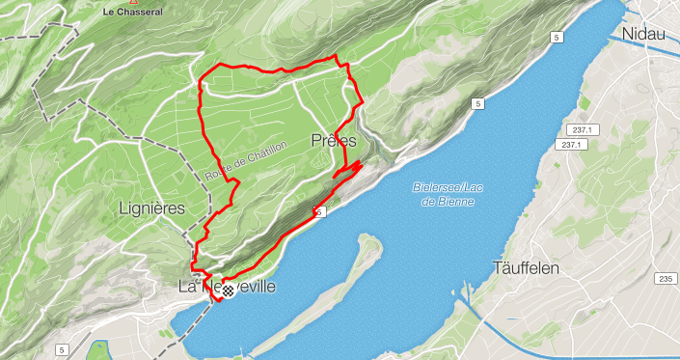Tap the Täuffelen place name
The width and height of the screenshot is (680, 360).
tap(526, 267)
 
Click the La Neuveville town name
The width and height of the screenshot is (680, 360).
tap(228, 287)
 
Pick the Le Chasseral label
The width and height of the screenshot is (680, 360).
tap(132, 12)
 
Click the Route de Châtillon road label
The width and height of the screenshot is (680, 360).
tap(233, 161)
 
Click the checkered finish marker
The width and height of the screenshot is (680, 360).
tap(228, 290)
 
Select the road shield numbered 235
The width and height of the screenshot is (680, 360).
tap(666, 279)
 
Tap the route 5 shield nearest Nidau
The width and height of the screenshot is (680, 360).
tap(558, 37)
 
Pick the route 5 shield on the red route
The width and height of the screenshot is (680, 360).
tap(319, 208)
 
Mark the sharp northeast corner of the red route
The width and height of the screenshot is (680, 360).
tap(339, 59)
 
